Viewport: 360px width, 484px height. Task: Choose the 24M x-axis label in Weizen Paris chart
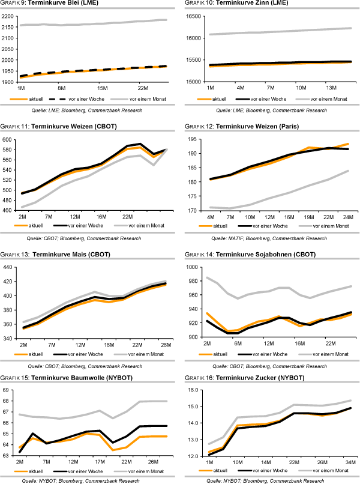click(347, 216)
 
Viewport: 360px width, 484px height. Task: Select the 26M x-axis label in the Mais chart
click(164, 345)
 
